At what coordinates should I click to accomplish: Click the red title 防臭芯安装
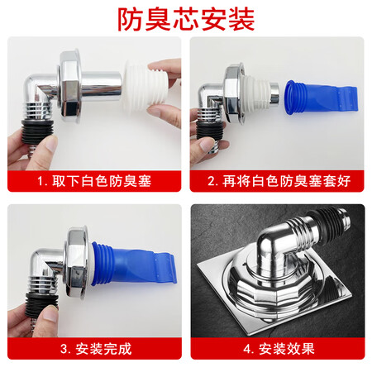click(186, 19)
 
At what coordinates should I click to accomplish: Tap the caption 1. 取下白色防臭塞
click(94, 181)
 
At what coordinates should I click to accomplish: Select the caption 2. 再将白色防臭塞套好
click(279, 181)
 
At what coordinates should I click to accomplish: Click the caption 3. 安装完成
click(96, 349)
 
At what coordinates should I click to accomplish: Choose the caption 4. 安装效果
click(279, 349)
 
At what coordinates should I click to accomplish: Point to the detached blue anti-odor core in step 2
click(320, 98)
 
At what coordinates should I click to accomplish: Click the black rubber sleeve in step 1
click(37, 131)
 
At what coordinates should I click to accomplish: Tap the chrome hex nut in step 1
click(70, 85)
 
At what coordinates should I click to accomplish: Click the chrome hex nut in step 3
click(77, 262)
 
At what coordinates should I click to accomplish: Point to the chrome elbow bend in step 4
click(275, 241)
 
